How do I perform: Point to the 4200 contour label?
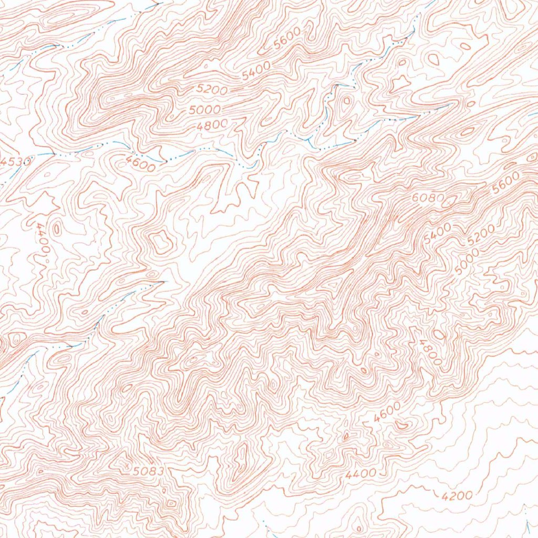(x=457, y=495)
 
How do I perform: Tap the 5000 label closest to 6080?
(x=467, y=261)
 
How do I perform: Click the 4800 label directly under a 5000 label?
(x=213, y=125)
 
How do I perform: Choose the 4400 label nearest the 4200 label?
(x=361, y=473)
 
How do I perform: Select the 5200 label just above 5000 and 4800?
(x=212, y=89)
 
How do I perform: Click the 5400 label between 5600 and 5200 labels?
(x=256, y=70)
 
